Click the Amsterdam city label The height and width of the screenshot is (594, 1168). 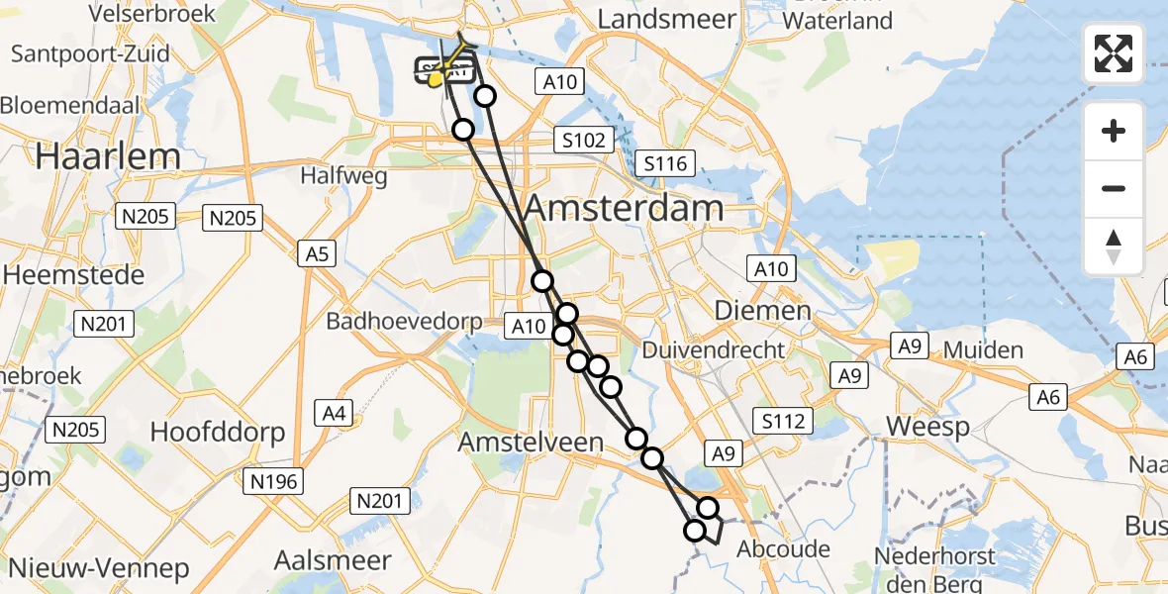[x=624, y=209]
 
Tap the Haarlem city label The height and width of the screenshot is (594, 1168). [x=109, y=156]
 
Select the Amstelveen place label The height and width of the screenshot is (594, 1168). [x=532, y=443]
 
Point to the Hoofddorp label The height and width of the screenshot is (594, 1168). [x=218, y=432]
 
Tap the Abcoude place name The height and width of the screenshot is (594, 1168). [x=783, y=548]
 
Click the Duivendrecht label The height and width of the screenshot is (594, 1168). [x=714, y=349]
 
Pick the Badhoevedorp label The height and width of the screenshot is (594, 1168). [x=405, y=322]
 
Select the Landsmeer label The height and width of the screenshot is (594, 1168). [x=667, y=19]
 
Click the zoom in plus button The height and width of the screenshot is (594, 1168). [x=1114, y=131]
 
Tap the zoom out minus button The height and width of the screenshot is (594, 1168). [x=1114, y=188]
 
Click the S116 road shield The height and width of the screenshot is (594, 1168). [x=666, y=163]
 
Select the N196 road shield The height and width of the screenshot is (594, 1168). [x=276, y=481]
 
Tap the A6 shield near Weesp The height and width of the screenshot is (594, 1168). [x=1049, y=397]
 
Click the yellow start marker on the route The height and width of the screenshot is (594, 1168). [x=435, y=77]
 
